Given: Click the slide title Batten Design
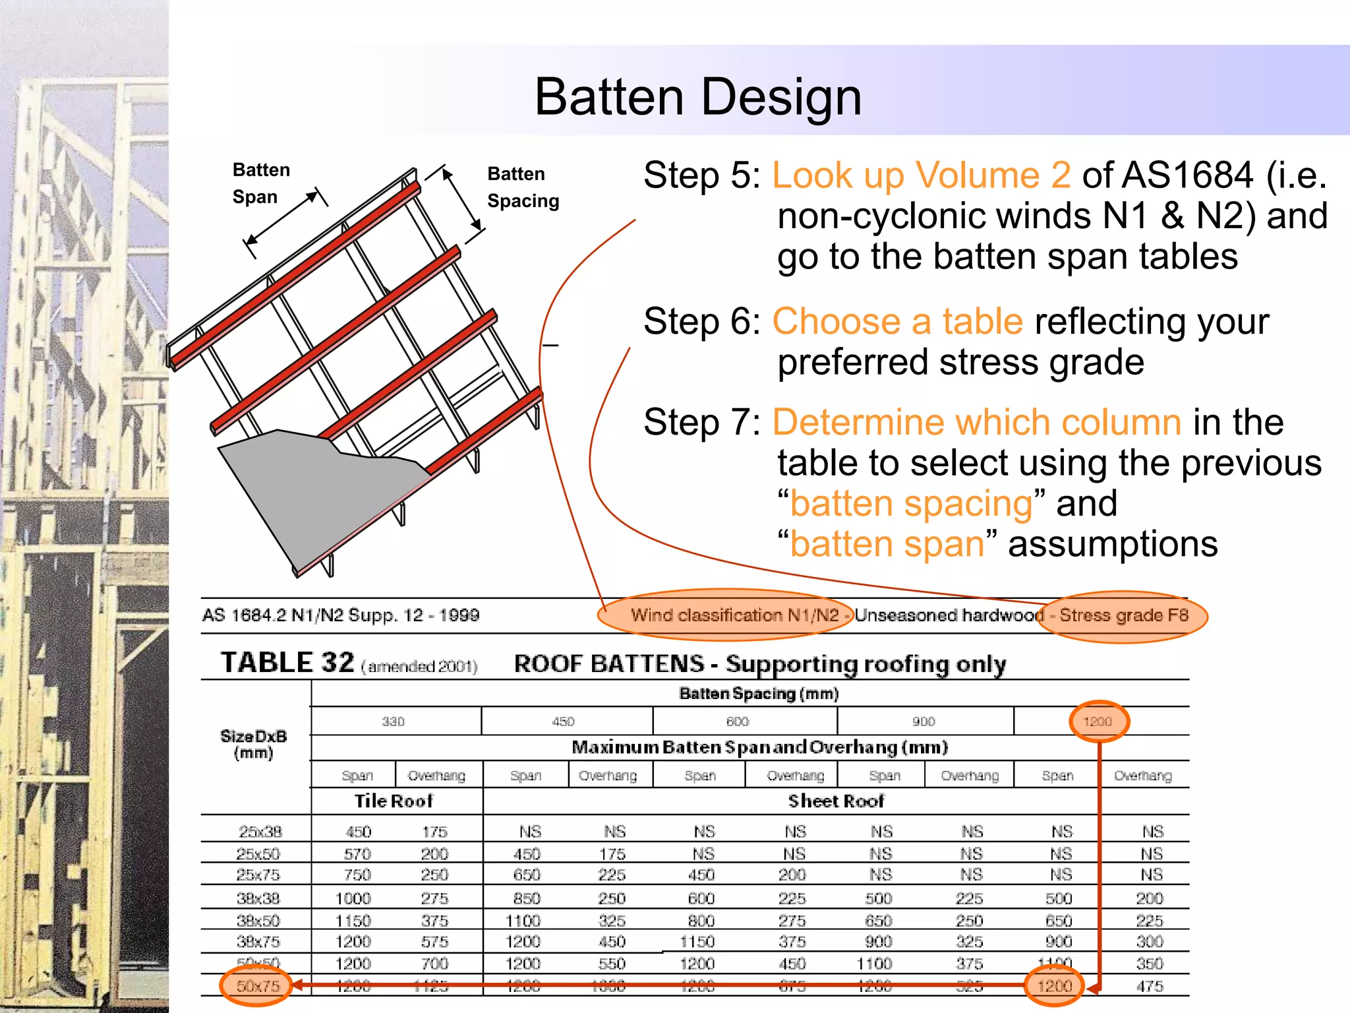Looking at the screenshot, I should (x=697, y=97).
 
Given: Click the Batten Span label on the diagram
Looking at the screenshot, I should (x=260, y=183).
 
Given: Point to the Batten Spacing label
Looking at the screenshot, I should (x=522, y=187).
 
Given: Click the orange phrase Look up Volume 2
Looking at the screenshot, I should (x=921, y=175).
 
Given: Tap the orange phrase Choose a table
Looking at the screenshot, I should (x=896, y=322).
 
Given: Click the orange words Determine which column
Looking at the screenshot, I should (x=976, y=423).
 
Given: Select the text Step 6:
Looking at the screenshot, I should (x=701, y=322).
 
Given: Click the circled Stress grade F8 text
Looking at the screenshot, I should (x=1123, y=615).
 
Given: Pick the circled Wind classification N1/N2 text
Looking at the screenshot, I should (x=734, y=615).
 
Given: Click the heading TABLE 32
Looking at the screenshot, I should (x=287, y=662).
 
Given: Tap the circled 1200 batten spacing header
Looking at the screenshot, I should (x=1097, y=721).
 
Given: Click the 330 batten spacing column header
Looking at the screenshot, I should (x=393, y=721).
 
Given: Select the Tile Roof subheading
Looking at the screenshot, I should (x=394, y=801).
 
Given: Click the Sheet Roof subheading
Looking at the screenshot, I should (x=835, y=801).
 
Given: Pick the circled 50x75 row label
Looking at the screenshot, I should (x=258, y=986).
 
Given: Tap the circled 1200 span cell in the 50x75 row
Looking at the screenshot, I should (x=1055, y=986).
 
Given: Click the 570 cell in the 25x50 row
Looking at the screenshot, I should (x=357, y=854).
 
